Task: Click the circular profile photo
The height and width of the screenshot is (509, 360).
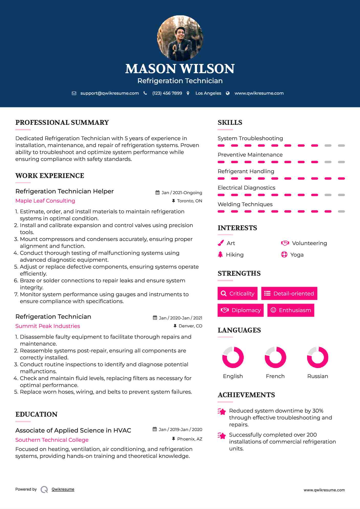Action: (x=180, y=38)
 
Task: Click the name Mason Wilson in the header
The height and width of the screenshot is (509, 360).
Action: (x=180, y=69)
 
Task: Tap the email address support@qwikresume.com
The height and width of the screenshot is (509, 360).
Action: (x=110, y=93)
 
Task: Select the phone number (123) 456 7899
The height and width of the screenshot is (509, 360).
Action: (x=167, y=93)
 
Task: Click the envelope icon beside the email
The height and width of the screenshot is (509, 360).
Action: (x=74, y=93)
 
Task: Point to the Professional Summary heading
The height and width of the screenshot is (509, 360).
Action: (x=62, y=123)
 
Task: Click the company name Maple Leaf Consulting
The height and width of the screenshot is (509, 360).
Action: (x=45, y=201)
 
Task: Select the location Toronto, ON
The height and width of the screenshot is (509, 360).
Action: (x=189, y=201)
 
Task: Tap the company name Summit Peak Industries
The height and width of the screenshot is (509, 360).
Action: (x=48, y=326)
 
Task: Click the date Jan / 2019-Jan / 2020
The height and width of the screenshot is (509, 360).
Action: (x=180, y=429)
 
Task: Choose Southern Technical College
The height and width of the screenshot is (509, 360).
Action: (x=52, y=440)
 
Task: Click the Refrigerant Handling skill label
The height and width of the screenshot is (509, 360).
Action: (x=246, y=171)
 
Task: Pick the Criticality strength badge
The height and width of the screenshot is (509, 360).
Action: (x=237, y=293)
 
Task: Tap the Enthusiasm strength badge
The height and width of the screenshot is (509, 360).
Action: (x=291, y=310)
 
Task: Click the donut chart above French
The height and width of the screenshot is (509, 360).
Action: (x=275, y=357)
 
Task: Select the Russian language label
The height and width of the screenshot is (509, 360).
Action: (x=318, y=376)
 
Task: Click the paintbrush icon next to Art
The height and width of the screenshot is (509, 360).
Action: (x=221, y=243)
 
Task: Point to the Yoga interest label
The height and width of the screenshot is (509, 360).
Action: (x=297, y=255)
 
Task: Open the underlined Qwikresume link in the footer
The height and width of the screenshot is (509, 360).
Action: (x=63, y=489)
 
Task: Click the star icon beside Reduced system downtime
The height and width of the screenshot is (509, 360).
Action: (x=222, y=412)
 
